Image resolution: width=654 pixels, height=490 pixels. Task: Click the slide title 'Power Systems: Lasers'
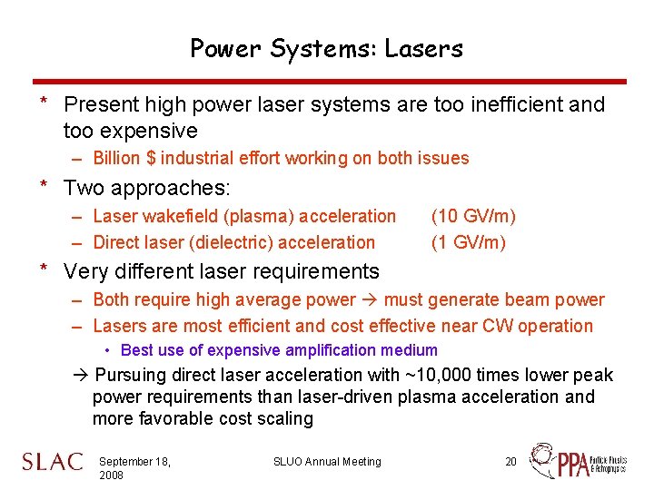coord(326,48)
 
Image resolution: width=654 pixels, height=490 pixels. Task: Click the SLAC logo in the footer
coord(53,462)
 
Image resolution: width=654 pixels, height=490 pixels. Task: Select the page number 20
coord(510,462)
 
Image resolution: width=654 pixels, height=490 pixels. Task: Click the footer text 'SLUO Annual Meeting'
coord(327,462)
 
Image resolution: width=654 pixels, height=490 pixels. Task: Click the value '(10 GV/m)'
coord(473,216)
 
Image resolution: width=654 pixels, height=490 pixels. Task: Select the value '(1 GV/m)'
coord(469,242)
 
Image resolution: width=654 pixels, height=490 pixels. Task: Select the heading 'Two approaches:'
coord(147,189)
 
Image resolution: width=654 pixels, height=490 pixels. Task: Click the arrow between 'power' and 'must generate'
coord(370,300)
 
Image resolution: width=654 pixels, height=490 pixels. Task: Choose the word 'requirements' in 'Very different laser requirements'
coord(320,271)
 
